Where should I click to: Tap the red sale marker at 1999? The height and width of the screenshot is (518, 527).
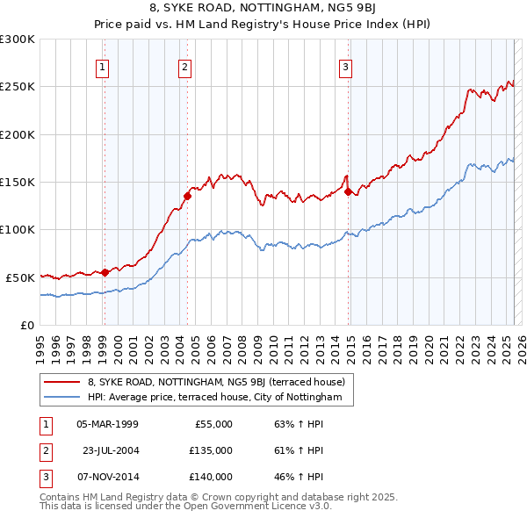105,272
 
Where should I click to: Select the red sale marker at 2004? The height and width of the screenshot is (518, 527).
188,196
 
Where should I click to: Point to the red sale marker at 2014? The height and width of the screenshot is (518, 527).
349,191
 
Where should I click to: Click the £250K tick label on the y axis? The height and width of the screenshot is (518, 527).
18,87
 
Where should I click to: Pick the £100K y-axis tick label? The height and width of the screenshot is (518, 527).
18,229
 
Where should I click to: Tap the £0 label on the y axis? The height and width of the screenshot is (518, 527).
26,325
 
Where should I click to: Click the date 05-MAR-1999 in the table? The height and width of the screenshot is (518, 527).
107,424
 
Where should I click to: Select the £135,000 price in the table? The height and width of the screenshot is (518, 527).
211,450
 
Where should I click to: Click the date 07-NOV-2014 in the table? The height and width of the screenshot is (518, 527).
107,477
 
